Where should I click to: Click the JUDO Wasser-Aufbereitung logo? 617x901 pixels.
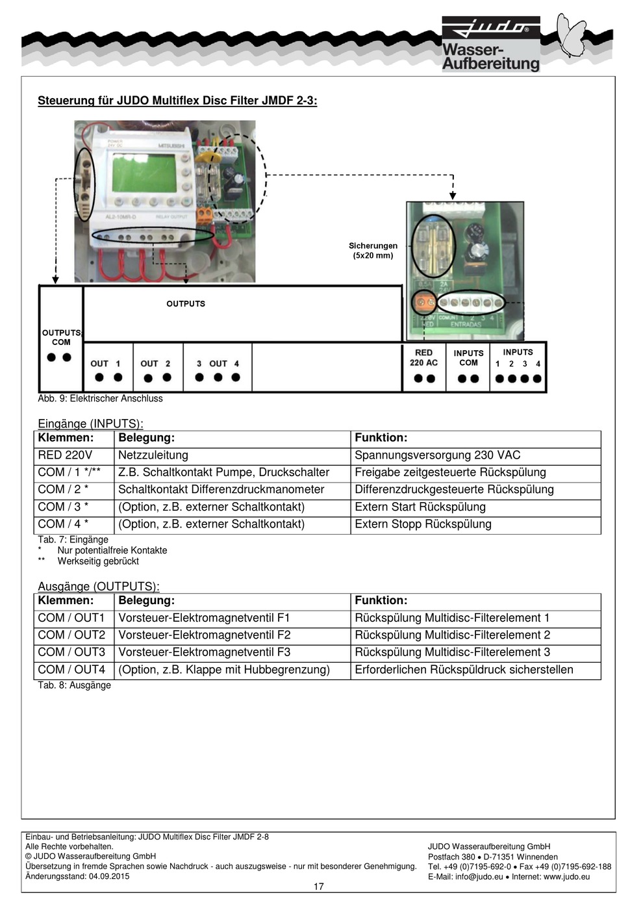tap(490, 44)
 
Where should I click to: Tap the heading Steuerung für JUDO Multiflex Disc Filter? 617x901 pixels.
tap(177, 101)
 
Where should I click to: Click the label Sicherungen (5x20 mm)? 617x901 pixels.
tap(373, 251)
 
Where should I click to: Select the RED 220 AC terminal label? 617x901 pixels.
tap(423, 358)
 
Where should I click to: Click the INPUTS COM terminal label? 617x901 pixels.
tap(468, 358)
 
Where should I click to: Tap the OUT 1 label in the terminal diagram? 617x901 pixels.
tap(105, 364)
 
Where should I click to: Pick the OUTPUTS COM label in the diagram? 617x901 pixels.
tap(61, 337)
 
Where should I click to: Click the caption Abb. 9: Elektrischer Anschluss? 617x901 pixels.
tap(100, 398)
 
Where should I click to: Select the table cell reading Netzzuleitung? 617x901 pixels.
tap(153, 455)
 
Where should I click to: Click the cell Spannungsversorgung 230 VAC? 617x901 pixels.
tap(437, 455)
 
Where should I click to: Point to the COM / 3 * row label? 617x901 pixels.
tap(63, 507)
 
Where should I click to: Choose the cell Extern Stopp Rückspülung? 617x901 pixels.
tap(423, 524)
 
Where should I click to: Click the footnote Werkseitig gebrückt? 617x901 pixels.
tap(98, 561)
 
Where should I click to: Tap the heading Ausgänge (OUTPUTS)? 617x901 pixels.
tap(98, 586)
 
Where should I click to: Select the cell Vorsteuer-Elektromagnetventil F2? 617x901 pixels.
tap(204, 635)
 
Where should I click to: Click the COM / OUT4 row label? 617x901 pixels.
tap(71, 670)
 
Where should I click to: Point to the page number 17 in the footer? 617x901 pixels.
tap(318, 887)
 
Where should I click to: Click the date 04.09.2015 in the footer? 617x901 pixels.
tap(108, 876)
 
